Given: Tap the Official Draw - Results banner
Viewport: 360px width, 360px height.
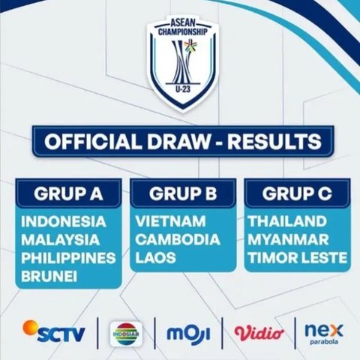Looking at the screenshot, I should [182, 142].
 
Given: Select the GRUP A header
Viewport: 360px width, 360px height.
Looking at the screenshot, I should [67, 193].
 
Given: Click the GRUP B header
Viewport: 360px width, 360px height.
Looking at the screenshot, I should [183, 193].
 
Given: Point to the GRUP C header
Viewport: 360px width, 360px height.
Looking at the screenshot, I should [296, 193].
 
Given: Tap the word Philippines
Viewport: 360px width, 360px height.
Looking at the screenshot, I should [68, 258].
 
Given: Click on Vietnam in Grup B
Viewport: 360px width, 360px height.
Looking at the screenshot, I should [169, 222].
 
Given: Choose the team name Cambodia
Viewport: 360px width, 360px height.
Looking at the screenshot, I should [178, 240].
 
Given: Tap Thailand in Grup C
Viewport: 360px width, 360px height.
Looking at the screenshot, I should [286, 222].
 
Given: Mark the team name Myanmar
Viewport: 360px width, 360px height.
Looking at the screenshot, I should [287, 240].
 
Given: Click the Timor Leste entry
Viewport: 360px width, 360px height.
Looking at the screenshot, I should [297, 258].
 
